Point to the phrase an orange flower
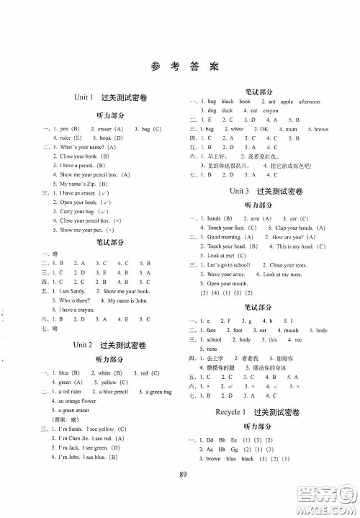77,401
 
